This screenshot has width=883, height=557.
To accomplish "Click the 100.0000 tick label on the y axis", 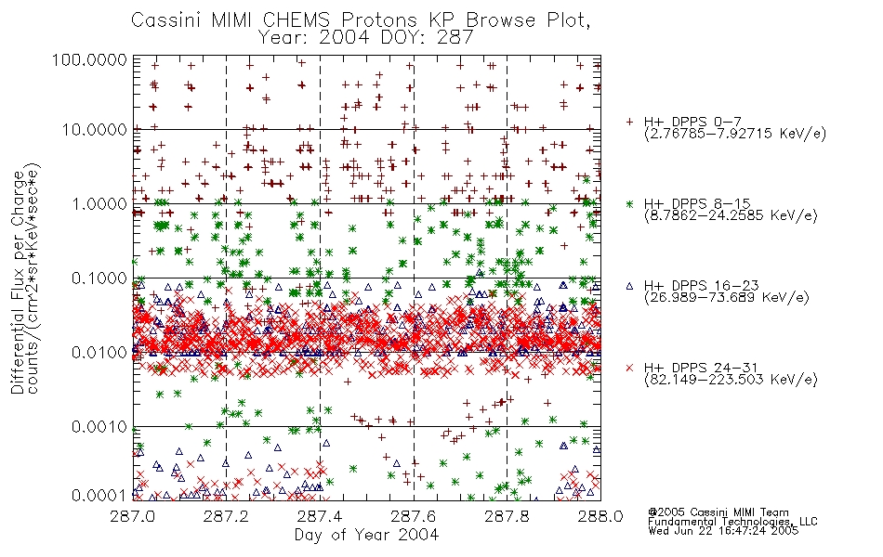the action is coord(89,59).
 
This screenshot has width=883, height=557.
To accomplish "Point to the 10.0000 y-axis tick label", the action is coord(94,130).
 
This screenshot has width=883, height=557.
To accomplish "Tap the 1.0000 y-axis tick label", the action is coord(99,203).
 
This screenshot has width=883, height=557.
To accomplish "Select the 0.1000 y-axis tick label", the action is coord(99,278).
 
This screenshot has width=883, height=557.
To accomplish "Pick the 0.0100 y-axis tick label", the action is coord(99,353).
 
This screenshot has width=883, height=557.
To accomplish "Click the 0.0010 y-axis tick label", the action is coord(99,427).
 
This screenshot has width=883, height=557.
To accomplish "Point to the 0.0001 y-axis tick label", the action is coord(99,496).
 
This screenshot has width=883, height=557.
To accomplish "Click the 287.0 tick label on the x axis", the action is coord(133,516).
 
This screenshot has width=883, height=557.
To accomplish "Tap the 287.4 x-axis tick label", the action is coord(320,516).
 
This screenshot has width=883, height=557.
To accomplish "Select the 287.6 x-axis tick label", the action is coord(414,516).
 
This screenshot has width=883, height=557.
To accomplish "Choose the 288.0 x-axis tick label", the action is coord(600,516).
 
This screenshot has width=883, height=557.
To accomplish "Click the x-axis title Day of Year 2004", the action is coord(366,535).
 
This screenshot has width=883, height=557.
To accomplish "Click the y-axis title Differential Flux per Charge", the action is coord(18,282).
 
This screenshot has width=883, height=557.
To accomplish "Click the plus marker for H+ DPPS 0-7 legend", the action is coord(630,122).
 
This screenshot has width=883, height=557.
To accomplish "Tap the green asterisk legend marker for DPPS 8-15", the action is coord(630,203).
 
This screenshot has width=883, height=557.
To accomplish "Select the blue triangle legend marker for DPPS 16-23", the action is coord(630,286).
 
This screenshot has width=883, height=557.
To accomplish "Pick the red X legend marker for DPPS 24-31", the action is coord(630,368).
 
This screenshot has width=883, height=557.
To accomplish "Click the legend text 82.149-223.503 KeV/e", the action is coord(731,380).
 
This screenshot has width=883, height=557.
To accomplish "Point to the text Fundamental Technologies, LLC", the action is coord(732,522).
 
